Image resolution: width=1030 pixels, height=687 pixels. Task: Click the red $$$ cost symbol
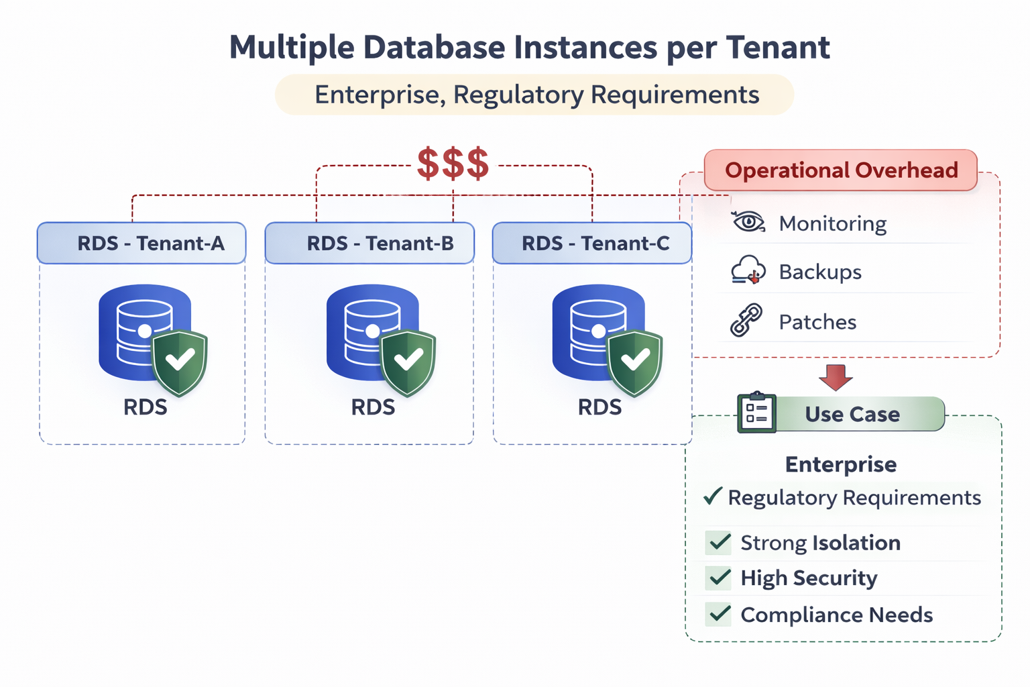coord(453,164)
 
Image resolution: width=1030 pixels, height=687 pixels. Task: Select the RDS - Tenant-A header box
coord(141,243)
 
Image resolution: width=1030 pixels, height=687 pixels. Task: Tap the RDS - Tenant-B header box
coord(369,243)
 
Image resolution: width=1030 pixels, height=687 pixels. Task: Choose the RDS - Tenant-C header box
coord(592,243)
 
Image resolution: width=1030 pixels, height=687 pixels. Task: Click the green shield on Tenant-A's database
coord(180,362)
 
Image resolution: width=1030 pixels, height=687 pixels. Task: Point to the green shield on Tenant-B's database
coord(408,362)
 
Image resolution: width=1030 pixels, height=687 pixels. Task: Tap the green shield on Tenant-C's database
coord(634,362)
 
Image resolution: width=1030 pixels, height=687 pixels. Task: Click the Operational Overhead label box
coord(841,170)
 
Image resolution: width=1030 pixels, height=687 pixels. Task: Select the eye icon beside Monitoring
coord(748,222)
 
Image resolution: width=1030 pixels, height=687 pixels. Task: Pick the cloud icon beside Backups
coord(748,270)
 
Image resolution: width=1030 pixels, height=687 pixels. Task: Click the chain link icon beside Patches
coord(746,320)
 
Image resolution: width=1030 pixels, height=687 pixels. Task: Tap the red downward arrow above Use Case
coord(836,378)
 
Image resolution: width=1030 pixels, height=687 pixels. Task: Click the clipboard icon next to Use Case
coord(756,413)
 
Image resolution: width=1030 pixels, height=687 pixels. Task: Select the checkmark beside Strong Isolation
coord(720,542)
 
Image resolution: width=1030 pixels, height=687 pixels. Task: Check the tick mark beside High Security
coord(720,578)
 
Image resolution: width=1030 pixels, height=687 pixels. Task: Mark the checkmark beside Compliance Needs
coord(720,614)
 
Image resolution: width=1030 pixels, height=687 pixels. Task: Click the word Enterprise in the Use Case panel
coord(841,464)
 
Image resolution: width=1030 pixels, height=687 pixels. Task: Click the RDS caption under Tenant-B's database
coord(373,407)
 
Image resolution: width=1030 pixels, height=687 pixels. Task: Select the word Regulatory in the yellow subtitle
coord(518,95)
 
